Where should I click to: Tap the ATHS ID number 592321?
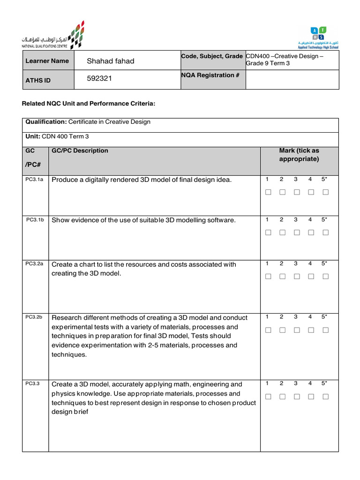(99, 80)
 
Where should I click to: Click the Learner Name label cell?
(47, 61)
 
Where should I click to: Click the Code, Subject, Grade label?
(212, 56)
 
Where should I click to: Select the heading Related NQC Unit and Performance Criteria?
(89, 103)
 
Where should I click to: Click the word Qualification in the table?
(46, 122)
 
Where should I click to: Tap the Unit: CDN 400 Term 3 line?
(57, 136)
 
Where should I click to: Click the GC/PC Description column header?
(80, 150)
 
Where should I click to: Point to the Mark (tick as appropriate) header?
(299, 155)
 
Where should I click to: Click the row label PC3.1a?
(34, 180)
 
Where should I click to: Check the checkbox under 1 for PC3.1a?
(268, 192)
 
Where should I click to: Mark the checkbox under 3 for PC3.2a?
(296, 277)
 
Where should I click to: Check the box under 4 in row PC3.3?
(310, 397)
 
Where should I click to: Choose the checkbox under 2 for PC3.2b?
(282, 330)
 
